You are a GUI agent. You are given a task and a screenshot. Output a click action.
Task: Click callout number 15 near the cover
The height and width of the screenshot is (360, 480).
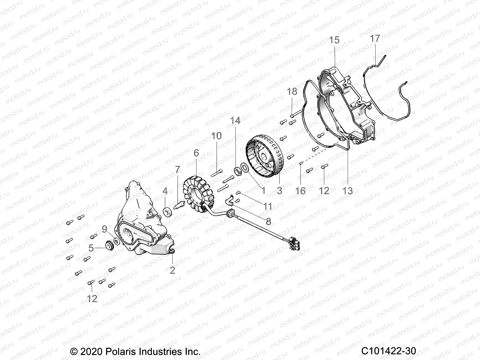334,40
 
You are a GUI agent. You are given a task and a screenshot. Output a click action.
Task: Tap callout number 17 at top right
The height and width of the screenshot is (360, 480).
375,38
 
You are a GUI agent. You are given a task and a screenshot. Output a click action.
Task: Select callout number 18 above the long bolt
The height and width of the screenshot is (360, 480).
292,91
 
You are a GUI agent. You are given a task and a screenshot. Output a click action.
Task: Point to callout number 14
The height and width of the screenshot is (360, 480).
235,121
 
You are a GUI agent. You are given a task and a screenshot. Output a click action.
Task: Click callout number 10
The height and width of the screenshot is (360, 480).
216,136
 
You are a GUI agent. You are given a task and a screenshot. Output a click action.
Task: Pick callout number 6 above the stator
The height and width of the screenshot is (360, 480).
196,153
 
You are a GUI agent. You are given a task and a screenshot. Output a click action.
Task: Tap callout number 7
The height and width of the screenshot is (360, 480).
178,169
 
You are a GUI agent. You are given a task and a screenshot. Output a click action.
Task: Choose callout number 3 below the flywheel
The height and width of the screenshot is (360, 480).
279,190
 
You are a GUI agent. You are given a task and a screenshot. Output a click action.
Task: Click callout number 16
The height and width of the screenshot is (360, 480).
300,191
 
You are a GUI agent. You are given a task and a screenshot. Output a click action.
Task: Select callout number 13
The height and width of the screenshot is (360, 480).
348,191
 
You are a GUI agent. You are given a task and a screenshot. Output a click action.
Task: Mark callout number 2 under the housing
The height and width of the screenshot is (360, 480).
172,270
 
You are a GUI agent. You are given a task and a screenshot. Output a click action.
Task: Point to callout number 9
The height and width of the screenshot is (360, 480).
104,229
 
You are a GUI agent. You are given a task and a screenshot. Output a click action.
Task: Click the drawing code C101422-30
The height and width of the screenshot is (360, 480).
388,351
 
